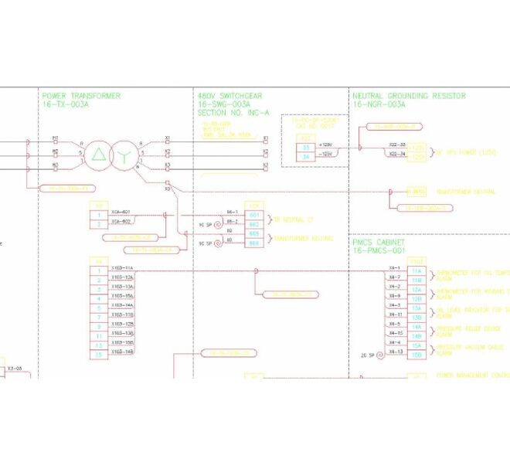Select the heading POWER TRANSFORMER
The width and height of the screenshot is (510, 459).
click(81, 96)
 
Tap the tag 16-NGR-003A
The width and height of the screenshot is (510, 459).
click(379, 104)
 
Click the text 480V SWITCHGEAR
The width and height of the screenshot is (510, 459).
click(230, 96)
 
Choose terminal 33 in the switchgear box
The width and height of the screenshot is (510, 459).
click(305, 146)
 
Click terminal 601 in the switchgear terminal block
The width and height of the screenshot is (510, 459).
click(254, 215)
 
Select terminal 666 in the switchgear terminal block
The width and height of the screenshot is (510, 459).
click(254, 243)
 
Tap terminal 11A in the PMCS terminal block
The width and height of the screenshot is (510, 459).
click(416, 271)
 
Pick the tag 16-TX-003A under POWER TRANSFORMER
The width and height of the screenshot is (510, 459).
click(68, 104)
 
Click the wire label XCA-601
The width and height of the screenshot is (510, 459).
click(121, 212)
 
